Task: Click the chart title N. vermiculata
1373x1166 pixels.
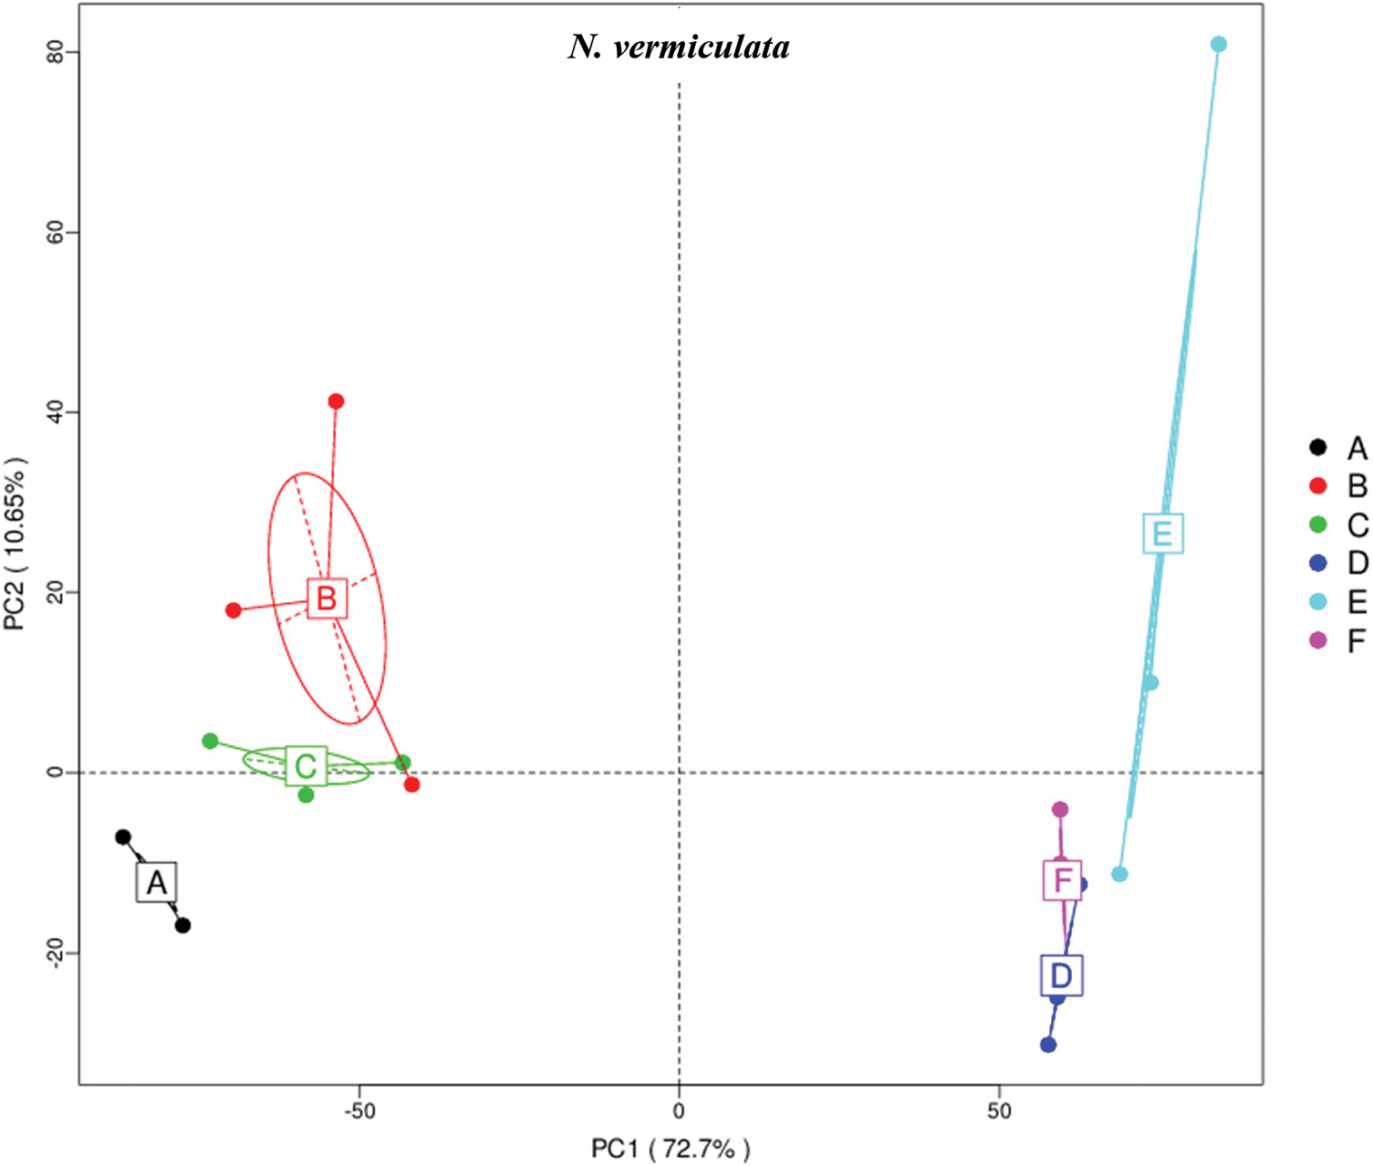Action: pos(679,47)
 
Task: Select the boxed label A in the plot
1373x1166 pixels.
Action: pos(157,882)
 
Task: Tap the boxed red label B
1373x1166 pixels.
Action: pos(327,599)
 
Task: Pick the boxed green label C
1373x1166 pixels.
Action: pos(306,766)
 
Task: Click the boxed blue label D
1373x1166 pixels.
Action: pos(1061,976)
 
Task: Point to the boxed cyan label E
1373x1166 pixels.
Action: pos(1162,534)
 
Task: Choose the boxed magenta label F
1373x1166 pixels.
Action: pos(1063,880)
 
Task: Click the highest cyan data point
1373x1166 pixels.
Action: pos(1219,45)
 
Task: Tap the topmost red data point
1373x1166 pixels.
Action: pos(336,401)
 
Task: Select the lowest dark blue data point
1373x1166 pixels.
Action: pos(1048,1045)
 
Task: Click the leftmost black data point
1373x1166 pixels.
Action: pos(123,837)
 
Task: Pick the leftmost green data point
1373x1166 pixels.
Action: pos(210,741)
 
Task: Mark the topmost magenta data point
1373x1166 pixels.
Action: pos(1060,809)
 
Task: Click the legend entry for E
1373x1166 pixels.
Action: pos(1337,602)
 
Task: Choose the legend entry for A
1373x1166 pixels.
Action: pos(1337,448)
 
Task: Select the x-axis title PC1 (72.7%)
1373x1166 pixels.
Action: pos(671,1148)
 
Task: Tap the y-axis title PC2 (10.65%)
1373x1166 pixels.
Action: pos(16,545)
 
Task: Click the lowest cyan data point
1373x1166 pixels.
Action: pos(1119,874)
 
